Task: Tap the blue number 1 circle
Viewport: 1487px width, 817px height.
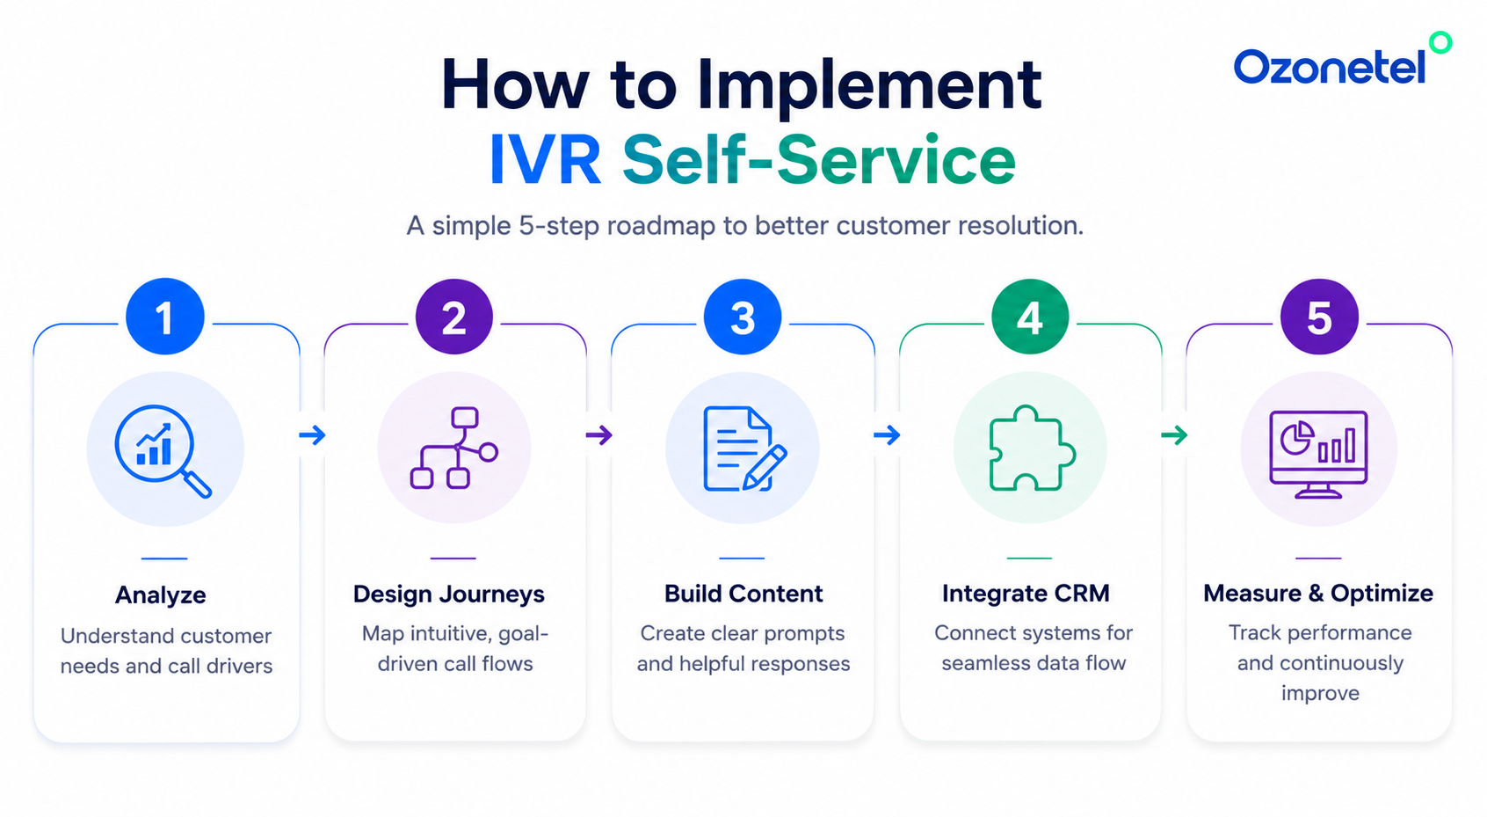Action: coord(164,317)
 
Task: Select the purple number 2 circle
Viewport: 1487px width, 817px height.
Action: coord(454,317)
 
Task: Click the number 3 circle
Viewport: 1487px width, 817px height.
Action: coord(742,317)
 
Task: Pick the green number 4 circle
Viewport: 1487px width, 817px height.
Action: coord(1030,317)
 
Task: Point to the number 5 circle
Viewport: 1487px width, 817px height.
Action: coord(1319,317)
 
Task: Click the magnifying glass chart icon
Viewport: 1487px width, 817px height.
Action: coord(163,450)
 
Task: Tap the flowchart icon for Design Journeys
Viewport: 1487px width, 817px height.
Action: coord(454,449)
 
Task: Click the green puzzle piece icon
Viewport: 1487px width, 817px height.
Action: coord(1032,449)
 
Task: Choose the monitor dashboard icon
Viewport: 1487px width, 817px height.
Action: coord(1318,454)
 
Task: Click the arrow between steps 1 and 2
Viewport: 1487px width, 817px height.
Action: coord(312,435)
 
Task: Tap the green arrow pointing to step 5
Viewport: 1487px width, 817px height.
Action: coord(1173,435)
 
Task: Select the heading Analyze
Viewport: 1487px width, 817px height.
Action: coord(161,595)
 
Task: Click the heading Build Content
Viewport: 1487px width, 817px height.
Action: coord(743,593)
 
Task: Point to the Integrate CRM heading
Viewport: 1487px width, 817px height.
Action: coord(1026,593)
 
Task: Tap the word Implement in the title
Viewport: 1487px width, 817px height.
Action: coord(869,87)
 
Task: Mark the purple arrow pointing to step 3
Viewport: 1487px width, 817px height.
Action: coord(598,435)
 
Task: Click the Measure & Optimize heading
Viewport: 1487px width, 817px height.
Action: coord(1318,593)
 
